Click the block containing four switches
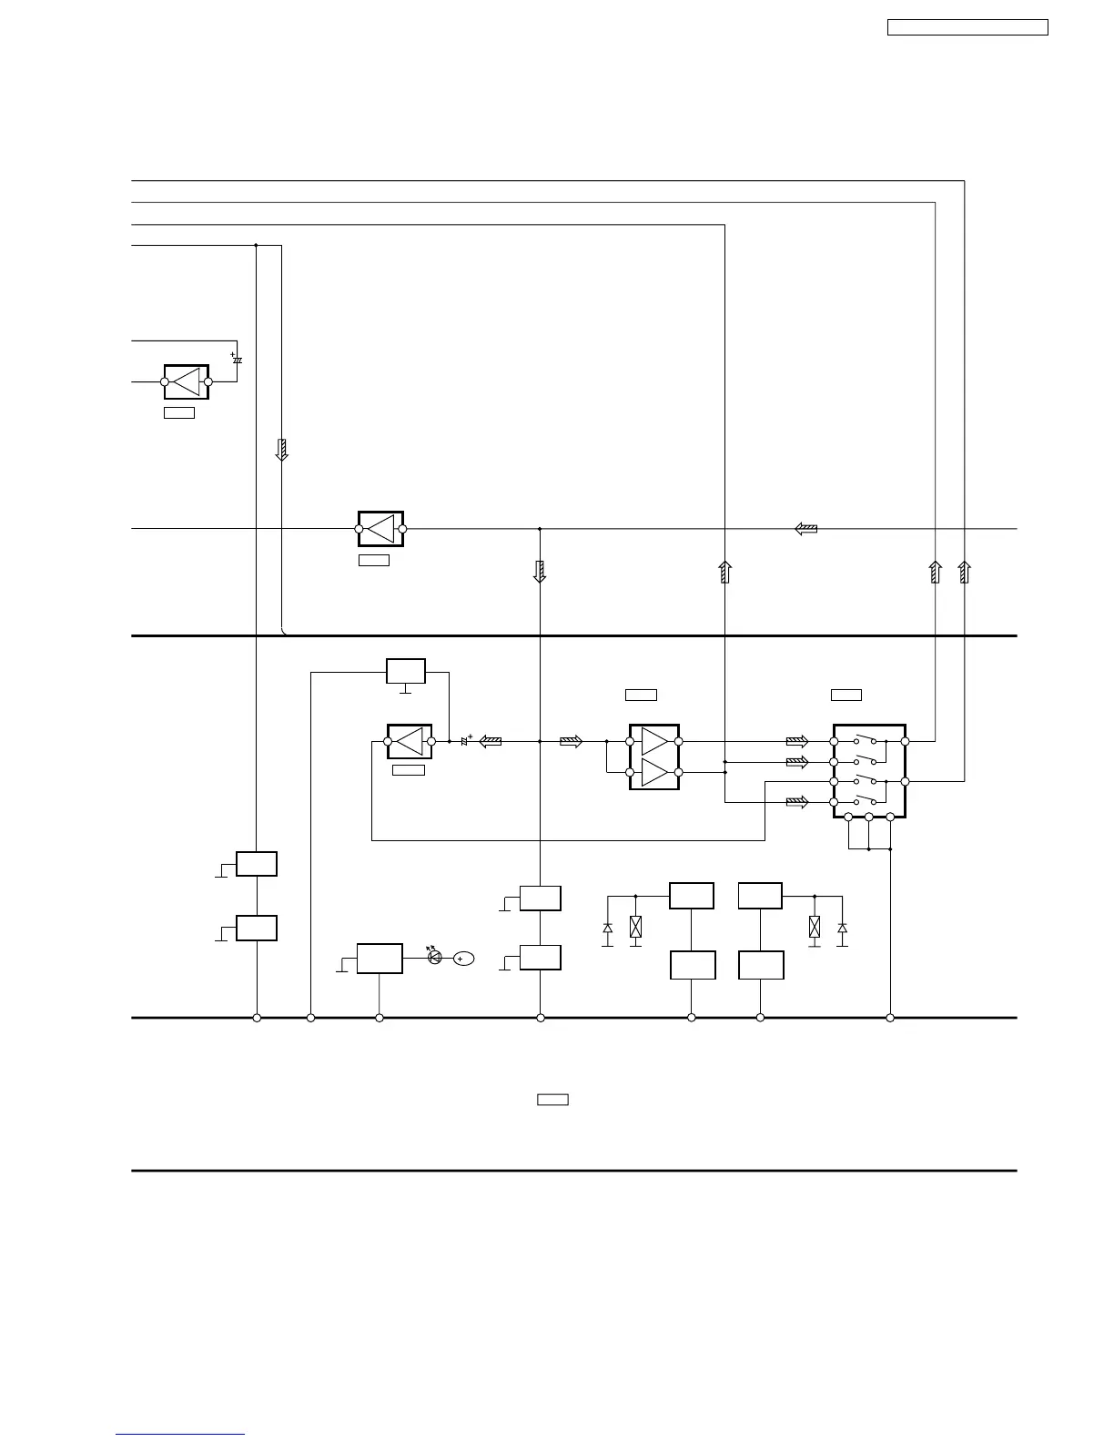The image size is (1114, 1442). click(869, 771)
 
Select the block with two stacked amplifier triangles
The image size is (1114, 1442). click(654, 757)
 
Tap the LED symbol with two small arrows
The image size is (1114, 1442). click(434, 957)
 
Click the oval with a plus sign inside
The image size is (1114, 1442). click(463, 959)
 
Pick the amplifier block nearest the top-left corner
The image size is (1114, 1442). click(187, 382)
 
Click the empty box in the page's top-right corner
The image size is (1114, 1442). click(967, 27)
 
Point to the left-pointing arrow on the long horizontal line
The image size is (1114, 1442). click(805, 529)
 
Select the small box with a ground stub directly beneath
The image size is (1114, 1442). click(405, 671)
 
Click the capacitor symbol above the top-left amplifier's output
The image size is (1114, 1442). click(237, 359)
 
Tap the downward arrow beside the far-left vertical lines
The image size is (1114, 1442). click(281, 450)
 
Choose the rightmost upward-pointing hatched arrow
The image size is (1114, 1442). click(965, 572)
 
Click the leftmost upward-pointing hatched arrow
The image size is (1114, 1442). click(725, 572)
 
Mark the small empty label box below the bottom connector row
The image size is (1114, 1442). click(552, 1100)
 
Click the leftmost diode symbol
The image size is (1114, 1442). click(607, 928)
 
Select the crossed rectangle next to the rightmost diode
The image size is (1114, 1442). click(815, 927)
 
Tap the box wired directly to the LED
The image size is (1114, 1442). click(380, 959)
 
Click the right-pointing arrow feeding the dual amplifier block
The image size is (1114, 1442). click(571, 742)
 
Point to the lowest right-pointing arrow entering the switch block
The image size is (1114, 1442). click(797, 802)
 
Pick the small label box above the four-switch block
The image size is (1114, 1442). click(846, 696)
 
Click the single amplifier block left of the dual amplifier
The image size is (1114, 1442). click(410, 741)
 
